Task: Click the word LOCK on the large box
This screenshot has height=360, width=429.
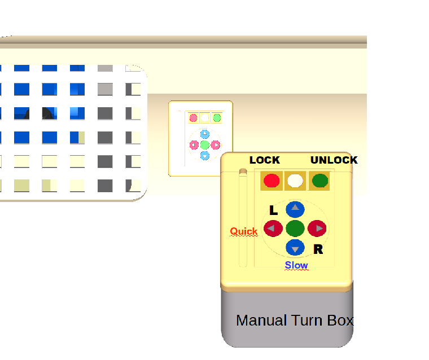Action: coord(264,160)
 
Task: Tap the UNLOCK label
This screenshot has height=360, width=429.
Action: coord(334,160)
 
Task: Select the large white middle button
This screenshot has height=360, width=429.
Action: coord(295,181)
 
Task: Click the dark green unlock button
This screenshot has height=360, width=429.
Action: coord(320,181)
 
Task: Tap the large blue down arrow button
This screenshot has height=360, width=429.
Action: coord(295,248)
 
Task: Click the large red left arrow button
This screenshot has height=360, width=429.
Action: coord(273,229)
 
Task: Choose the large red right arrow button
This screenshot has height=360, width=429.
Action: coord(317,229)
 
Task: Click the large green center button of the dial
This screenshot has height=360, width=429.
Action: coord(295,229)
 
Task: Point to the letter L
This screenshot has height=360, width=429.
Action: coord(274,211)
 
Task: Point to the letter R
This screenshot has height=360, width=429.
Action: coord(318,249)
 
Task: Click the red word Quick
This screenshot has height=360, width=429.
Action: coord(243,231)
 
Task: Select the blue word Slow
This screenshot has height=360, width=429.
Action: coord(296,265)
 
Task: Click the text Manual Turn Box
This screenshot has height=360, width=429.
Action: coord(295,321)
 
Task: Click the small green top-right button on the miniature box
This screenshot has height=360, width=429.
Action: coord(216,118)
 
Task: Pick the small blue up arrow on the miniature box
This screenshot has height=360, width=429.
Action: coord(205,134)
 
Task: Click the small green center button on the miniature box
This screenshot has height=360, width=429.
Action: coord(205,145)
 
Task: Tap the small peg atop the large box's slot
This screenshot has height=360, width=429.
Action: coord(243,171)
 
